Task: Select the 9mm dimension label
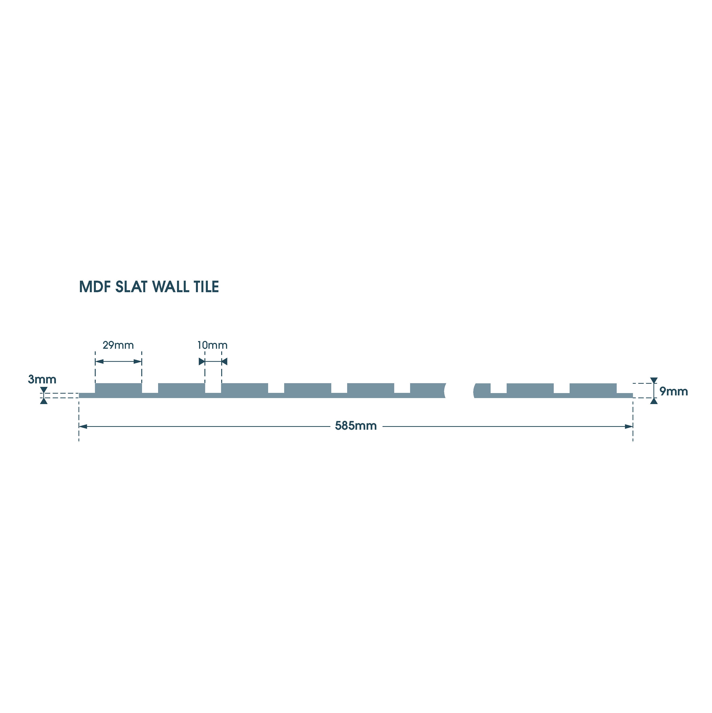click(673, 392)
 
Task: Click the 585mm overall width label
click(356, 426)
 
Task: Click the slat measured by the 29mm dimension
click(118, 389)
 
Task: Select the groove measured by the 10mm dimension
click(213, 388)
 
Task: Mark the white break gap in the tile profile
click(459, 391)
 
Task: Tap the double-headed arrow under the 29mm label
click(118, 362)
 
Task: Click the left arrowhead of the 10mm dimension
click(202, 362)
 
